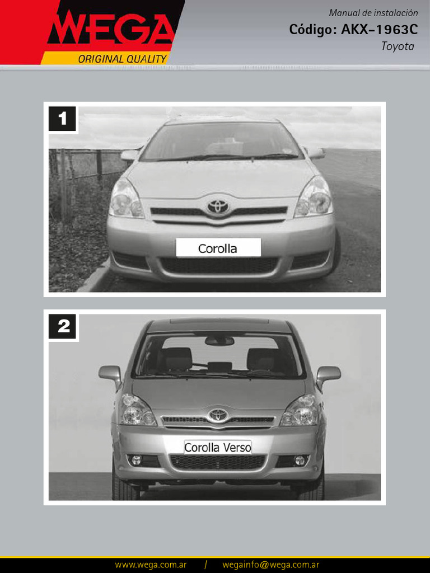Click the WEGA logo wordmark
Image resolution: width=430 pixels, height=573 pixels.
click(110, 28)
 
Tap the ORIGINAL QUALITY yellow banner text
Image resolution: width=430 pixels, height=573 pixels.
click(122, 59)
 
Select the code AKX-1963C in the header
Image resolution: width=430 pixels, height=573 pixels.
click(379, 30)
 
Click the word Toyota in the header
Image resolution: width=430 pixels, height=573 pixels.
click(398, 46)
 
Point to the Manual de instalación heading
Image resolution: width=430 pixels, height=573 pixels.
click(373, 13)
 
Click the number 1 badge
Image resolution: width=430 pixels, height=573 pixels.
click(62, 119)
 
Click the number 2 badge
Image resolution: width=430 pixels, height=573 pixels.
click(62, 326)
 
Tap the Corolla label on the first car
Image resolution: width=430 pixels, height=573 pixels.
click(218, 248)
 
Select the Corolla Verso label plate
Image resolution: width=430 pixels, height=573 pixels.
click(218, 447)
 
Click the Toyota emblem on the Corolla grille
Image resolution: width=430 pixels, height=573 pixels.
click(218, 207)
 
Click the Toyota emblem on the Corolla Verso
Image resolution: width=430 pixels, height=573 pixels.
click(218, 416)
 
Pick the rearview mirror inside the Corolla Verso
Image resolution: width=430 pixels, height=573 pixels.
click(219, 341)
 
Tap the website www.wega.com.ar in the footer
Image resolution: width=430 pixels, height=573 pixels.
click(151, 565)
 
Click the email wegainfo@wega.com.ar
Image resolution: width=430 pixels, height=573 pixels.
click(270, 565)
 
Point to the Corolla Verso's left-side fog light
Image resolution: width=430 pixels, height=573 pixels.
click(136, 460)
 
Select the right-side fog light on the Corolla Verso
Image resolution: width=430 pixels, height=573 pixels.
click(300, 460)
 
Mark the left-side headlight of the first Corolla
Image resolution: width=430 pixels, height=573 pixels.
click(126, 199)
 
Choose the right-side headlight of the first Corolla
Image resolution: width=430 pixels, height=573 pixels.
click(315, 198)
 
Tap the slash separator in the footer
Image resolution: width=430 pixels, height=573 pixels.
click(206, 565)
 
